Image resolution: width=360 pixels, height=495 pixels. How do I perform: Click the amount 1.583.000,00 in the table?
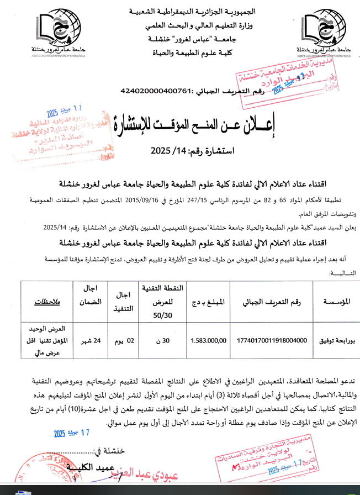(208, 340)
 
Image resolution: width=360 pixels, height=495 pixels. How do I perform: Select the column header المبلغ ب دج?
(208, 302)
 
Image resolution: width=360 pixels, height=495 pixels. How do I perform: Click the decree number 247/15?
(205, 199)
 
